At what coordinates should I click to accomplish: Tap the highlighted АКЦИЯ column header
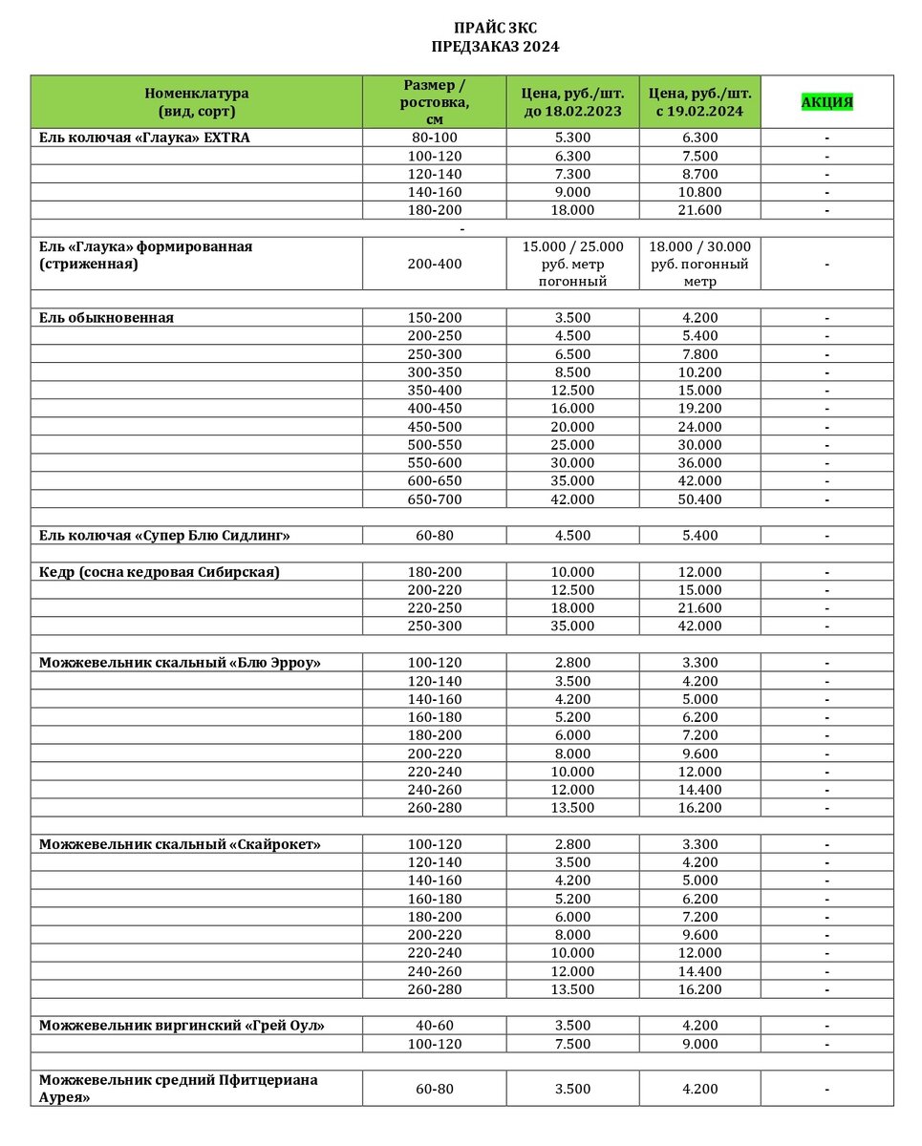826,102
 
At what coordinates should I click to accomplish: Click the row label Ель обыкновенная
107,318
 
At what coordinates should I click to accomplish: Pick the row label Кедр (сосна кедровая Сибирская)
160,572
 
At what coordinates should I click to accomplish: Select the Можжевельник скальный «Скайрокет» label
180,844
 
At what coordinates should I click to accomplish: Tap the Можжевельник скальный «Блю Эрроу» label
180,663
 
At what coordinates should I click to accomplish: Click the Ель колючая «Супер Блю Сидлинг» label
164,536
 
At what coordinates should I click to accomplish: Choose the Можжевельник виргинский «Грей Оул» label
182,1026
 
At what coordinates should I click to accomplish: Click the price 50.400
699,499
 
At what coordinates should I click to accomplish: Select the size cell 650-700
435,499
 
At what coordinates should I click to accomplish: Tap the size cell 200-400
435,264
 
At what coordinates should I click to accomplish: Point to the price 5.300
573,138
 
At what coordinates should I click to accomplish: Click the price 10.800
699,192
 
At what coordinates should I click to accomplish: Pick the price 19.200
699,409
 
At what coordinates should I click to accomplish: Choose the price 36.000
699,463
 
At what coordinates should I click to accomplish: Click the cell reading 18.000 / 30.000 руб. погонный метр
699,264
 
